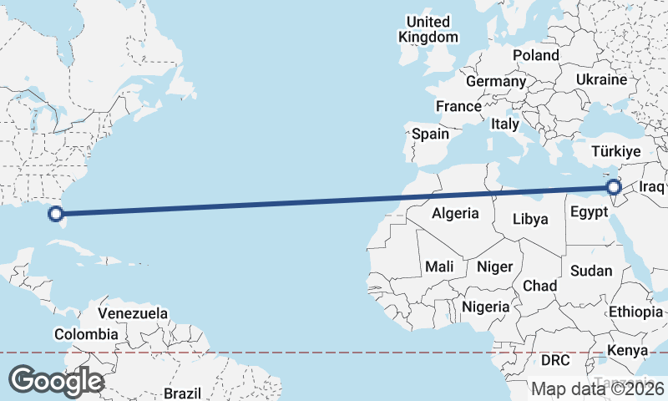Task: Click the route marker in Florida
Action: [x=56, y=214]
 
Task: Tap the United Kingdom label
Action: [x=428, y=29]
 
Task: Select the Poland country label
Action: [x=536, y=55]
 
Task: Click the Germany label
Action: [x=495, y=82]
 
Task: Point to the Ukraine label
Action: [x=600, y=80]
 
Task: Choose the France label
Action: [x=458, y=107]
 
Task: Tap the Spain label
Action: [x=430, y=134]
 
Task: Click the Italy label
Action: [x=505, y=124]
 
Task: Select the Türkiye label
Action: [x=615, y=152]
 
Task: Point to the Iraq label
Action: [x=651, y=187]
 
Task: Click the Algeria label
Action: [x=455, y=213]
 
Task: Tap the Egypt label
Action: [x=589, y=212]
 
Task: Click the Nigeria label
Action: [x=485, y=307]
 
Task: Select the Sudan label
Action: [x=591, y=271]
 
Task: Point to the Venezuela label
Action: [x=133, y=313]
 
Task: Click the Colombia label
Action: [x=86, y=334]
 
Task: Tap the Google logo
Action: [x=56, y=381]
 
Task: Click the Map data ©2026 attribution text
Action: [x=597, y=388]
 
